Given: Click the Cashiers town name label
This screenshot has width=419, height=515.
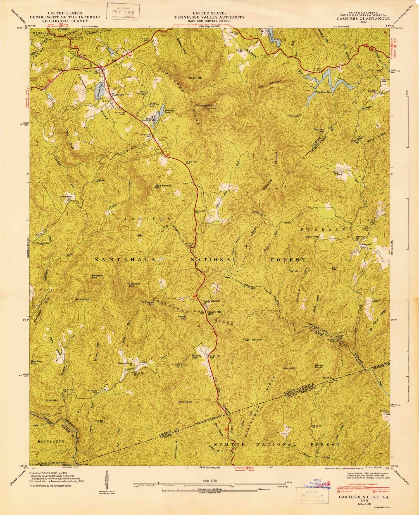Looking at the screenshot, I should pos(118,95).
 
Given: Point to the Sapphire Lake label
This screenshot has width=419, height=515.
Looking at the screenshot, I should pos(324,92).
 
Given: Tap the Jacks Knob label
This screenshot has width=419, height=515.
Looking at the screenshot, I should pos(82,299).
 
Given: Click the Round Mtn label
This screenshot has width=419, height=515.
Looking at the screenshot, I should pos(291,368).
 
